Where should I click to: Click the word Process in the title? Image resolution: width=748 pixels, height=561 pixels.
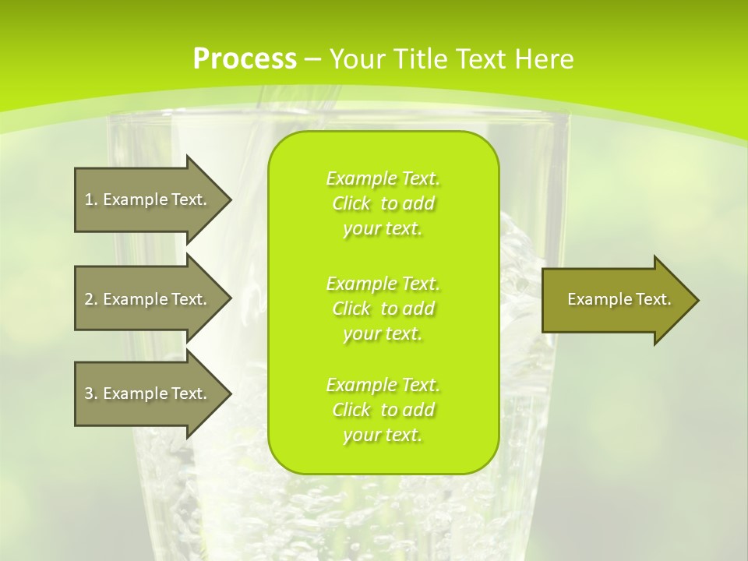(x=245, y=59)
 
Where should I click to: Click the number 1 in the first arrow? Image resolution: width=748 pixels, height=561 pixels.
(x=89, y=199)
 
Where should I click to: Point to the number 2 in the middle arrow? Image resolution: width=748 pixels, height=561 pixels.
(x=89, y=299)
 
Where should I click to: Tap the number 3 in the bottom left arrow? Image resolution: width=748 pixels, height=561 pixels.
(x=89, y=393)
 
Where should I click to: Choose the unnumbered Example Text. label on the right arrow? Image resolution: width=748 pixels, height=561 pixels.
(x=619, y=299)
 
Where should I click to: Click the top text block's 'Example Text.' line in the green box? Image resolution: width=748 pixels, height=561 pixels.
(x=383, y=178)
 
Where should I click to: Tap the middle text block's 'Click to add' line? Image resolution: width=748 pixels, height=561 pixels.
(x=383, y=309)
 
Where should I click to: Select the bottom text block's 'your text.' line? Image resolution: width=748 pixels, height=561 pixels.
(x=383, y=436)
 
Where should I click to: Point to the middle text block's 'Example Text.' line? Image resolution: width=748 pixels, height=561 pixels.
(x=383, y=283)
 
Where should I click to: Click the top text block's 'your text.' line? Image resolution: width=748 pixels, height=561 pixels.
(x=383, y=229)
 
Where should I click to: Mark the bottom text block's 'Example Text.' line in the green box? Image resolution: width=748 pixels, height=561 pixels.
(x=383, y=385)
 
